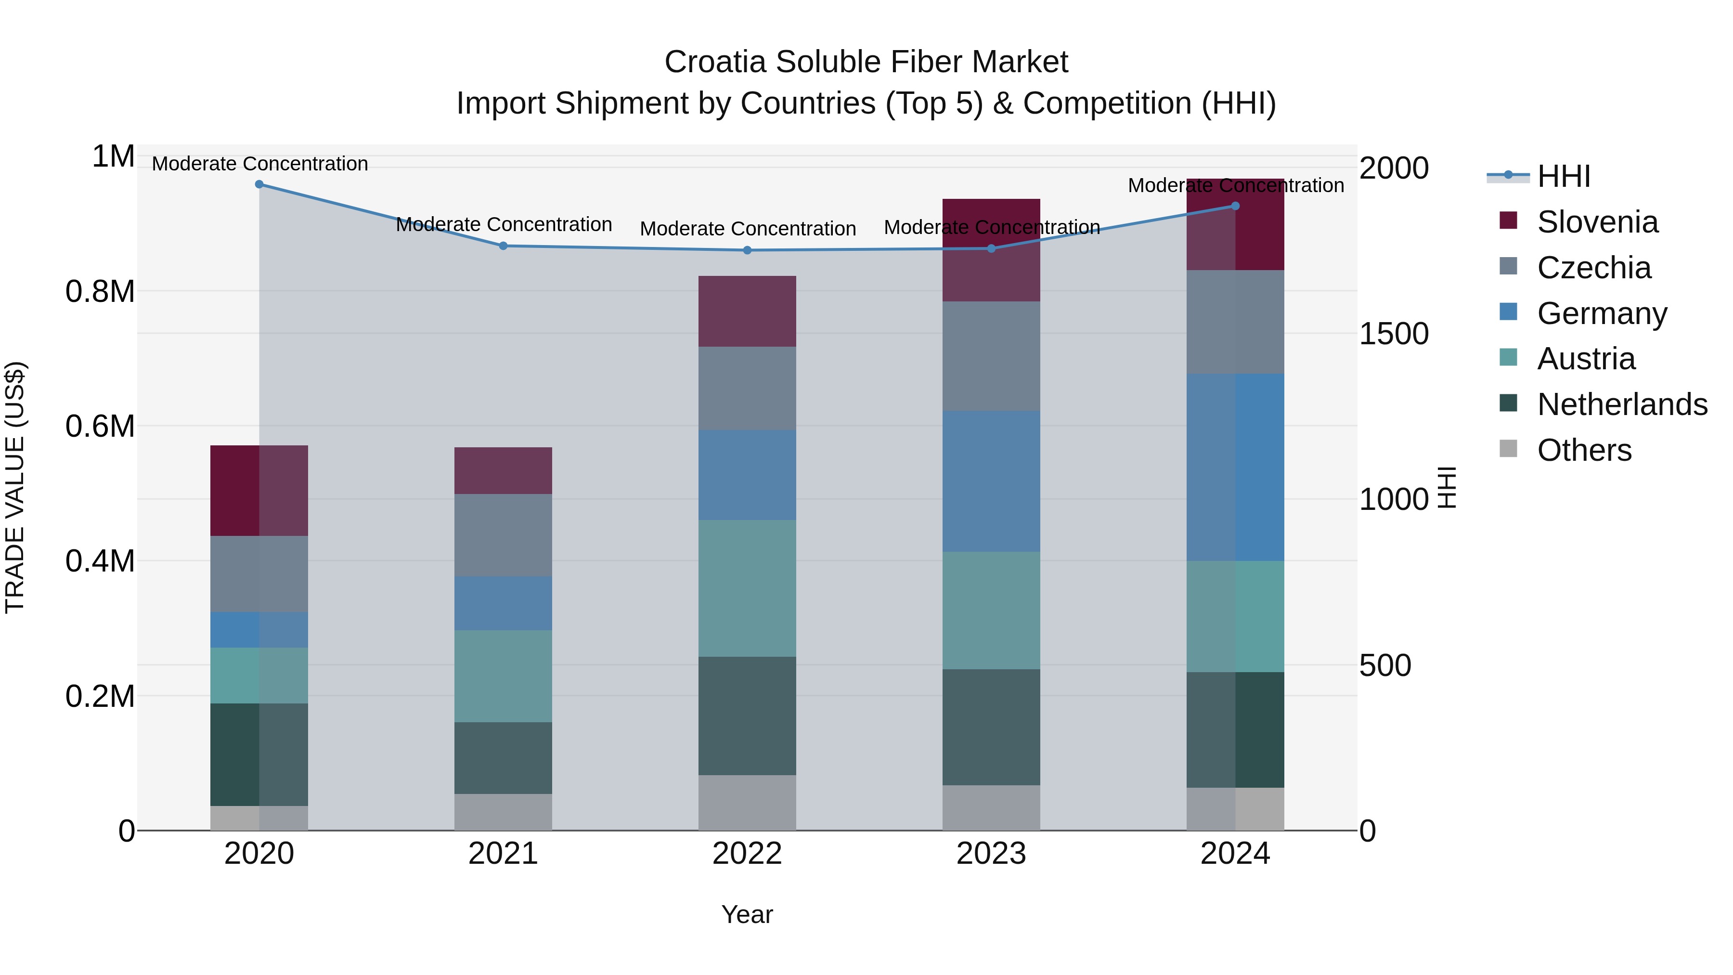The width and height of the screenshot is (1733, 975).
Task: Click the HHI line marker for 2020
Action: pos(259,184)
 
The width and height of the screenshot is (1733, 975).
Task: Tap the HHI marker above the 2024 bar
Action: pos(1235,206)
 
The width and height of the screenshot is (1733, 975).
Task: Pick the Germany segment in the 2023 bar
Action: pos(991,481)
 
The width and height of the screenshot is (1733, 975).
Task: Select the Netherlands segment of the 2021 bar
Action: pos(503,758)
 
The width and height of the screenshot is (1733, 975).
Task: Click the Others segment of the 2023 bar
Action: pos(991,807)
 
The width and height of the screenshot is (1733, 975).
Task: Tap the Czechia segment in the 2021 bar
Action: pos(503,535)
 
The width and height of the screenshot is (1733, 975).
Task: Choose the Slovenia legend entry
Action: pos(1597,222)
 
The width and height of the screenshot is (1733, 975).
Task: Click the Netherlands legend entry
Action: pos(1621,404)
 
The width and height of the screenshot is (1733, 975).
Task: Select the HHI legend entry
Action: pos(1564,176)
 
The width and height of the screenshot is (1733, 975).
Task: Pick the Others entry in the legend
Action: pos(1584,450)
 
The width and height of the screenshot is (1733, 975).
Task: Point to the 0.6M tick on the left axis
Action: pos(100,427)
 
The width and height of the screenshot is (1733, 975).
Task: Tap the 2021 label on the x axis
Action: pos(503,854)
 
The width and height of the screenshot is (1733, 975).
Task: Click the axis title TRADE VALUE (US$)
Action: pos(15,487)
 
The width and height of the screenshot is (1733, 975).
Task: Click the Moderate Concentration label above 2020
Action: pos(259,164)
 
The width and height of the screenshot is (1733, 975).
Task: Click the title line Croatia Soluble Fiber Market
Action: pos(866,62)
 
